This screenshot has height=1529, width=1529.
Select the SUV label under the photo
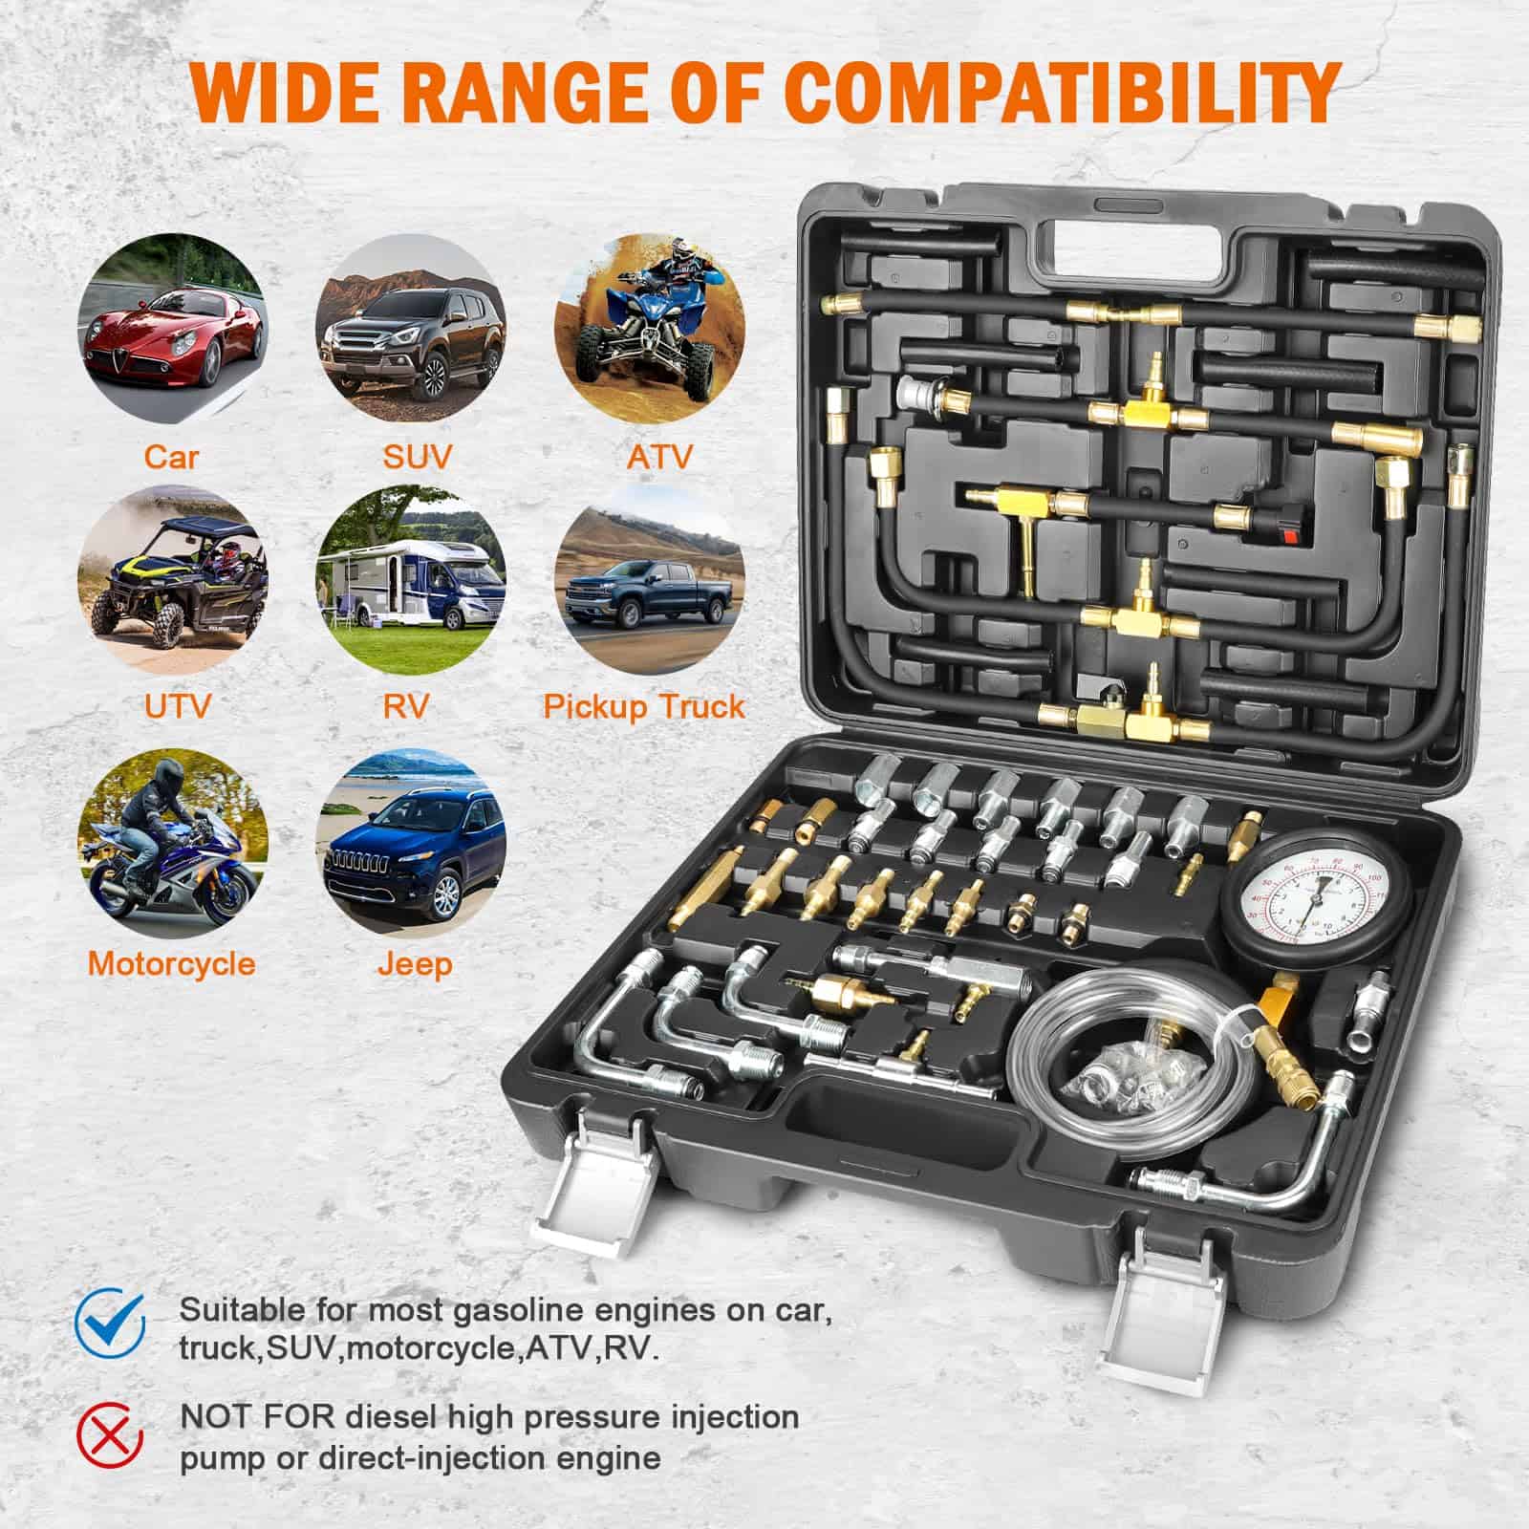click(x=417, y=456)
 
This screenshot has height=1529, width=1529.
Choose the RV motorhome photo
click(x=412, y=580)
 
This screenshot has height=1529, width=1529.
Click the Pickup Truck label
click(x=644, y=707)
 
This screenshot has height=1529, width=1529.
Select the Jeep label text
click(x=413, y=964)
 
